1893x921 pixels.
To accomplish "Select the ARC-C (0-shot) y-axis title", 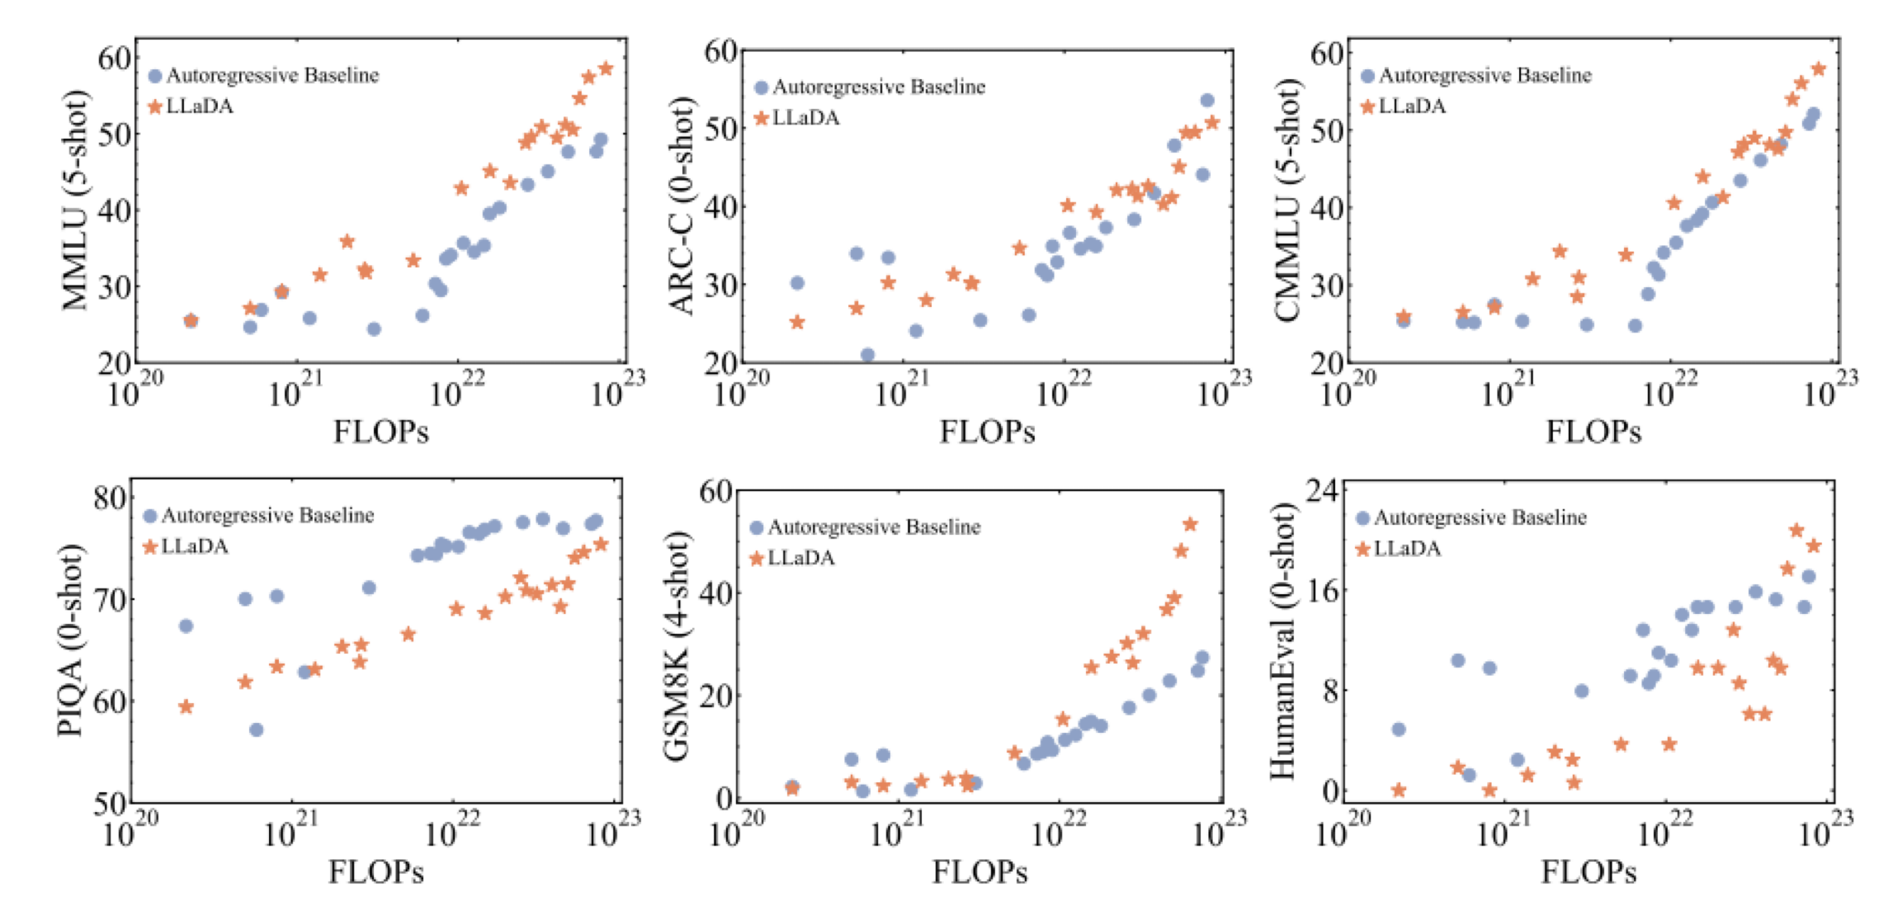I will pos(682,206).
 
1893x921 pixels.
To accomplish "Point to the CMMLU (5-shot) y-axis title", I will pos(1287,201).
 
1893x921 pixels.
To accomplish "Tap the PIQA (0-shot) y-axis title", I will pos(70,640).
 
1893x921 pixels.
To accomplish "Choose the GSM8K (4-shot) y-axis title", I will pos(677,646).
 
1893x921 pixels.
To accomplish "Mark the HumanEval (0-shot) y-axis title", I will pos(1282,641).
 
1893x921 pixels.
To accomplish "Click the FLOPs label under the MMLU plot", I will pos(380,432).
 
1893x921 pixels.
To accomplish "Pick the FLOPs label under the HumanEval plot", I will pos(1589,872).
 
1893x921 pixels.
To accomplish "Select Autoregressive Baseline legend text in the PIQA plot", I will pos(268,516).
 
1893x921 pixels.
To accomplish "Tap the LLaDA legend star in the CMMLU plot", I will pos(1367,106).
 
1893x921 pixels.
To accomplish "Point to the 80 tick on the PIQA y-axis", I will pos(109,498).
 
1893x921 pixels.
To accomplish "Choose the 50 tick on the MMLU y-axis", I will pos(114,134).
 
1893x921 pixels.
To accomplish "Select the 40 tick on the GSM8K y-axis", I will pos(715,593).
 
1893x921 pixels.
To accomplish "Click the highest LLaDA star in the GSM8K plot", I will pos(1190,524).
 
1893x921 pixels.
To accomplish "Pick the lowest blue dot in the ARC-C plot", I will pos(867,355).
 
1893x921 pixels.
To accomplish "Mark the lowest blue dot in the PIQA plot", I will pos(256,730).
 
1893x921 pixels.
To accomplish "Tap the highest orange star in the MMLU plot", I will pos(606,68).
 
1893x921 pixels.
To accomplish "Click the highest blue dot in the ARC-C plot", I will pos(1207,100).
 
